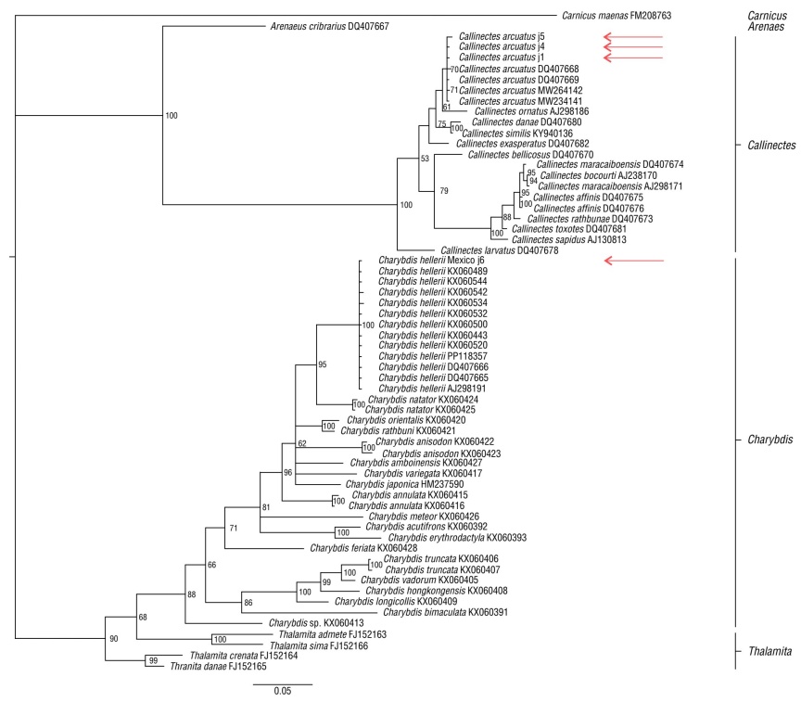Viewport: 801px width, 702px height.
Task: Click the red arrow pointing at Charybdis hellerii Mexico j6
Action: (633, 261)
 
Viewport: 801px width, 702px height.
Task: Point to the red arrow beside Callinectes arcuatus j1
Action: (633, 57)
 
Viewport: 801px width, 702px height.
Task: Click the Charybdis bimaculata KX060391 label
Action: (448, 612)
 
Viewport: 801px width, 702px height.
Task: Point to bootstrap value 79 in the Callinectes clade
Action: (443, 191)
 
